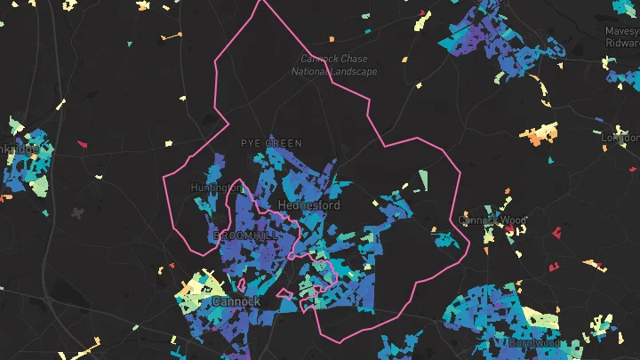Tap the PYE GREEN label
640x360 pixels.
point(271,143)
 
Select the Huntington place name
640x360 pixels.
point(217,188)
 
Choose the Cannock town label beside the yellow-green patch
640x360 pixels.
point(236,301)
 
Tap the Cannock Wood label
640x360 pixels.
point(492,220)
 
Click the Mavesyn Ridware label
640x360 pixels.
point(622,36)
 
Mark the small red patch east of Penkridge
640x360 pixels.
point(83,143)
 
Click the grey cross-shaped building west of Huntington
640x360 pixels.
point(79,213)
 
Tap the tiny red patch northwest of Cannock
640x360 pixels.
point(172,266)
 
